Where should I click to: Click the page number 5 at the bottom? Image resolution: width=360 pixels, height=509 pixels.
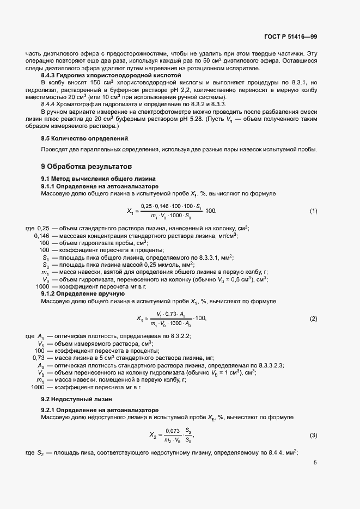[315, 463]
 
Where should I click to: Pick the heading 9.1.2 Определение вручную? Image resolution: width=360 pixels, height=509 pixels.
[76, 293]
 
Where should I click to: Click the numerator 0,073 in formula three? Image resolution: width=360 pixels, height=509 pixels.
[172, 431]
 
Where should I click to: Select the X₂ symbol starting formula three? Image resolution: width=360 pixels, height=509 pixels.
[154, 435]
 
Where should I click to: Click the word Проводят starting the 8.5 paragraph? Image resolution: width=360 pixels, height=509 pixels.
[55, 150]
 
